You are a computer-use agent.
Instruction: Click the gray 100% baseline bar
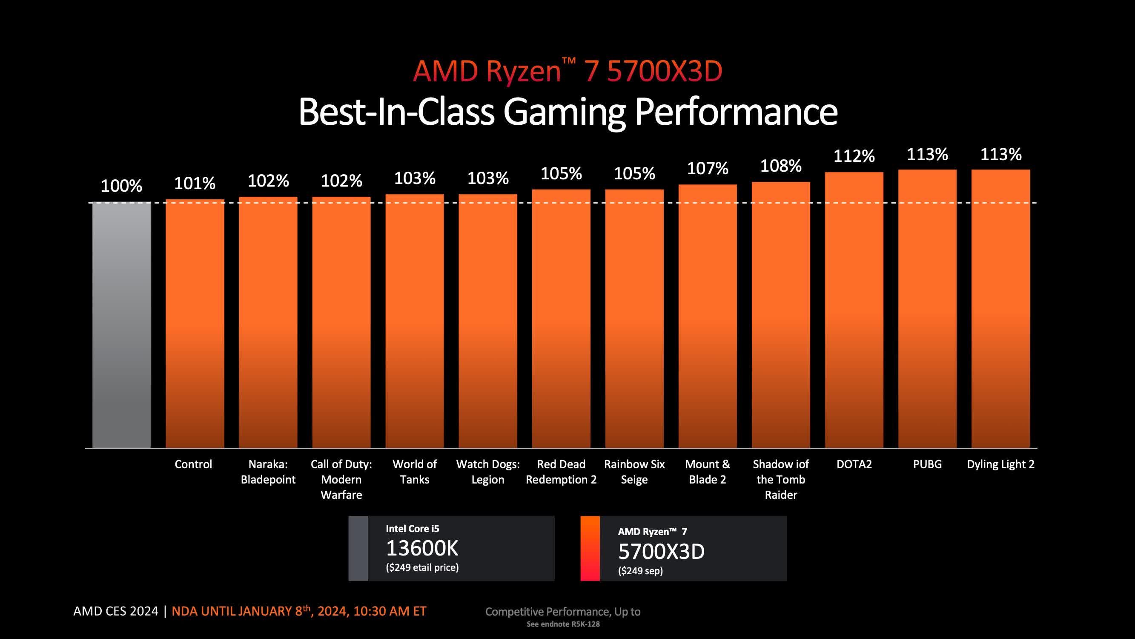coord(121,325)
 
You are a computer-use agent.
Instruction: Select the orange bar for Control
coord(195,324)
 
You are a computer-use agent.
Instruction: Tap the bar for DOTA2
coord(854,310)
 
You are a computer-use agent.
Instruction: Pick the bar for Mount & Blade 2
coord(707,316)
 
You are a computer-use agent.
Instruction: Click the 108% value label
coord(781,166)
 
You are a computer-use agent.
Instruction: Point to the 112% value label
coord(854,156)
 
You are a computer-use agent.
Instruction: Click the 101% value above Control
coord(195,184)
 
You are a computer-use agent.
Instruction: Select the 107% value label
coord(708,168)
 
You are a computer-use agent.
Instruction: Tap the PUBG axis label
coord(927,464)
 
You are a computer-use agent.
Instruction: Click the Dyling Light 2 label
coord(1000,464)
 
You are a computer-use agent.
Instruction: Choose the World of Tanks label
coord(415,472)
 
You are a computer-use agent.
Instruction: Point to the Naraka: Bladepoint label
coord(268,472)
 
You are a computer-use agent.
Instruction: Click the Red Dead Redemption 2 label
coord(561,472)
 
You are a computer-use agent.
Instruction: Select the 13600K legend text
coord(422,548)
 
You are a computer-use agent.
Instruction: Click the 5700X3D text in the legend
coord(661,551)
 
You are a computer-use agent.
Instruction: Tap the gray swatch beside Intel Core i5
coord(358,548)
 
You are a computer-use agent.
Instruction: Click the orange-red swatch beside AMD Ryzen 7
coord(590,548)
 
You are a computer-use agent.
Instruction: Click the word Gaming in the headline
coord(564,112)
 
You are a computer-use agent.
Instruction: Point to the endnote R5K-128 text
coord(563,624)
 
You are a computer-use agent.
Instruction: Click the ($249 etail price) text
coord(422,567)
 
